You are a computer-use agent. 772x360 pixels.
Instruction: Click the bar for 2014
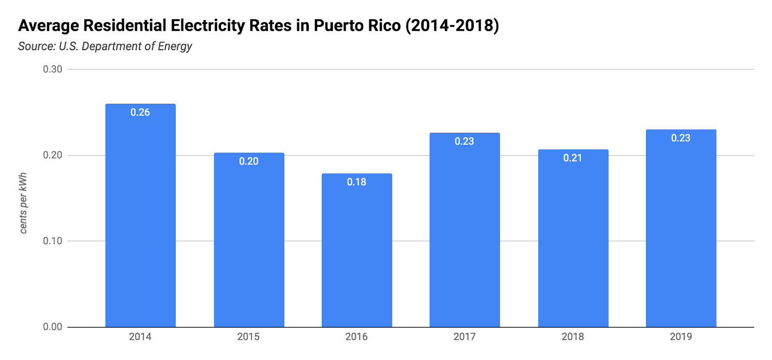point(140,217)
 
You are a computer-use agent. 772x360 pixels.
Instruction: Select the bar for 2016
point(357,251)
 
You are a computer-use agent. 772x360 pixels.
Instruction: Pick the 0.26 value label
point(140,112)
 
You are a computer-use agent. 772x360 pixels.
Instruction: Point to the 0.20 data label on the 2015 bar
point(249,162)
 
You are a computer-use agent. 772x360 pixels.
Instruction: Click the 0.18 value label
point(357,182)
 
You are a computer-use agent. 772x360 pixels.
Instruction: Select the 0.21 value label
point(573,158)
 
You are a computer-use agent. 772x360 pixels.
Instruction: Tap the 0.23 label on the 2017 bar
point(464,141)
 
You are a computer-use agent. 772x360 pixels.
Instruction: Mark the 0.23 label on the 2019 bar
point(681,138)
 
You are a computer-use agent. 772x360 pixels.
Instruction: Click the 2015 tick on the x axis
point(248,337)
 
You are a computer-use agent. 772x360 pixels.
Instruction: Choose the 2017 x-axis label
point(465,337)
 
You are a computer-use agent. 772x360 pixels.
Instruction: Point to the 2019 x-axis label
point(681,337)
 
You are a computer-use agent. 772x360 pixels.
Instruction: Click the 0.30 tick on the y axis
point(53,69)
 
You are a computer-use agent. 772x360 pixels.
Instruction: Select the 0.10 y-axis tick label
point(53,241)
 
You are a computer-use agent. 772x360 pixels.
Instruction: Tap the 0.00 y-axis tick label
point(53,327)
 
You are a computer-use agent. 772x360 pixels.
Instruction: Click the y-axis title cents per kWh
point(23,203)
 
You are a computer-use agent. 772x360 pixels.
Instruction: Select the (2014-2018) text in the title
point(452,26)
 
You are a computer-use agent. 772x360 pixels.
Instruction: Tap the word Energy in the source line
point(175,47)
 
